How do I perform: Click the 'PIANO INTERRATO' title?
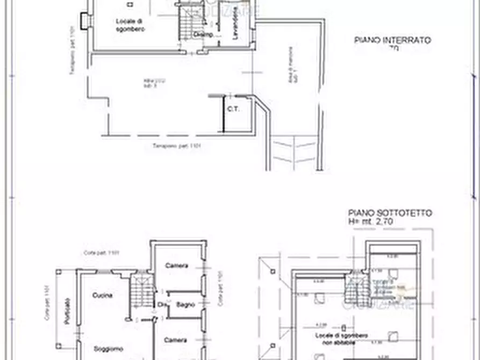click(x=392, y=40)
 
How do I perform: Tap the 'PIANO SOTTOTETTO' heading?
click(x=390, y=213)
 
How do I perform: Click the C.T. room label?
click(x=233, y=110)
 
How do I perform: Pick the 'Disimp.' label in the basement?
click(x=203, y=35)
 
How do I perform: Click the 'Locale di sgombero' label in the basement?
click(x=131, y=25)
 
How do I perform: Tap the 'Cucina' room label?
click(x=102, y=296)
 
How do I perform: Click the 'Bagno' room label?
click(x=185, y=305)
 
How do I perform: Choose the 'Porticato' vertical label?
click(x=67, y=312)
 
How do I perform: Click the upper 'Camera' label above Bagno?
click(x=176, y=265)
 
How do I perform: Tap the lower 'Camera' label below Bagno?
click(x=176, y=340)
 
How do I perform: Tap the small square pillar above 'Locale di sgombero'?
click(x=130, y=4)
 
